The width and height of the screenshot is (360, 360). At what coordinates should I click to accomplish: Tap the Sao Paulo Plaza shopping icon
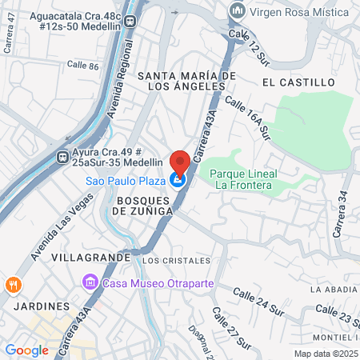point(179,181)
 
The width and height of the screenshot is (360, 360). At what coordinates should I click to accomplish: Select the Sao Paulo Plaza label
point(126,181)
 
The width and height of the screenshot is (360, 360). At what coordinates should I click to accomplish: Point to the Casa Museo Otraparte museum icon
point(89,283)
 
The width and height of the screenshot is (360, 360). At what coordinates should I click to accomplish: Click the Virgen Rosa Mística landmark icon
point(236,10)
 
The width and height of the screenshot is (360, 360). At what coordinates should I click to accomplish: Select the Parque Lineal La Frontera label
point(243,179)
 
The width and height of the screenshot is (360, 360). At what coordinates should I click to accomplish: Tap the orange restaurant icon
point(13,285)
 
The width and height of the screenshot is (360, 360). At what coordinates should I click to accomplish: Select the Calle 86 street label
point(82,65)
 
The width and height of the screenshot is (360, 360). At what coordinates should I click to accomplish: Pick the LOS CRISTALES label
point(176,260)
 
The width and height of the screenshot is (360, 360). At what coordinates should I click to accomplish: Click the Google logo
point(26,350)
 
